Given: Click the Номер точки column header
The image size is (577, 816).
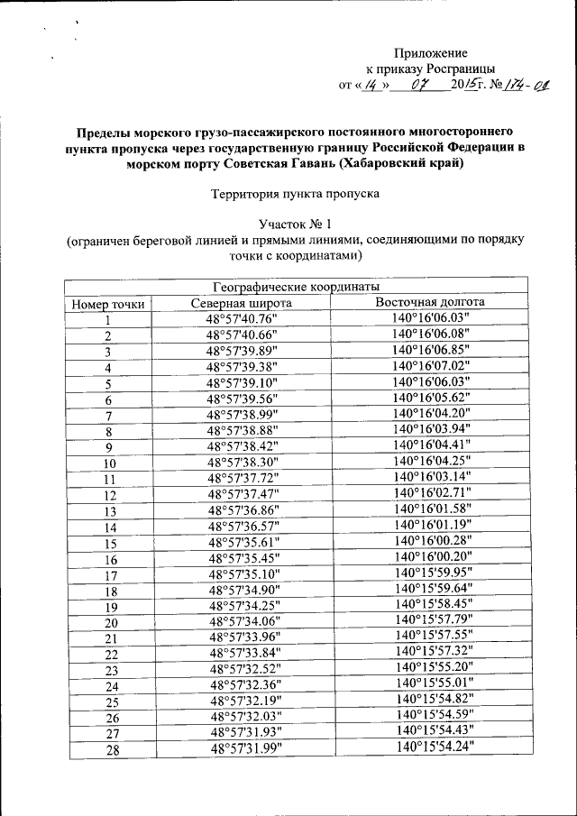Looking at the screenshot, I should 108,304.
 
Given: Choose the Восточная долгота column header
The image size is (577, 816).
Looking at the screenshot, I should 430,303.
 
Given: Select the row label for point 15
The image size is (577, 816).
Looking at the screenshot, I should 111,544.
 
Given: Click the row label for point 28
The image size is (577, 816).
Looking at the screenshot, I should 112,749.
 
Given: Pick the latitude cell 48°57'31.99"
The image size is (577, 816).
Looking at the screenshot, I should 245,749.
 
